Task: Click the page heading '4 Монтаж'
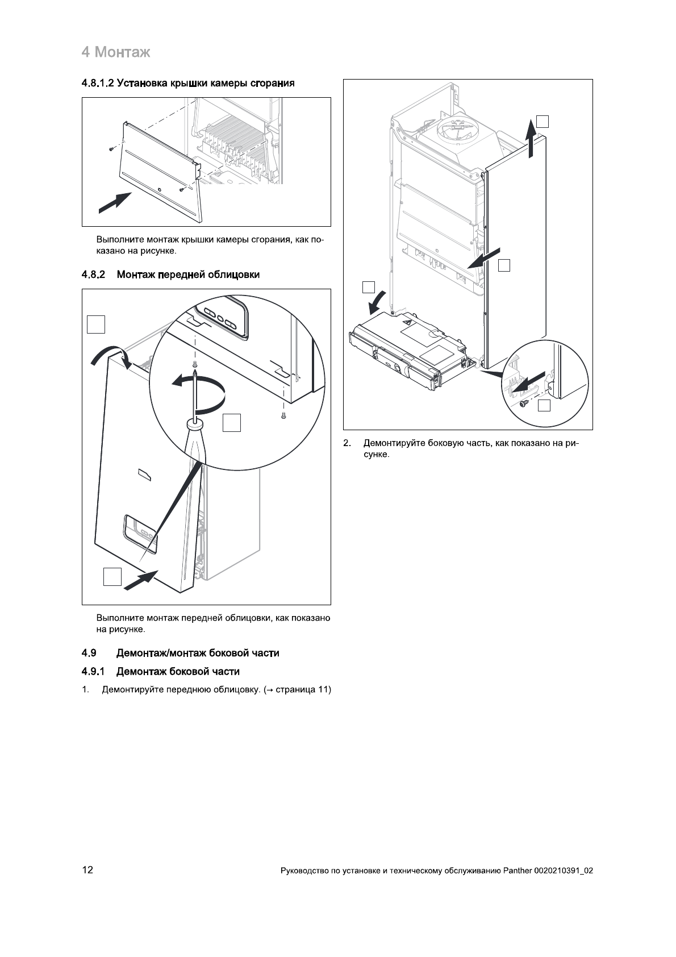pos(116,53)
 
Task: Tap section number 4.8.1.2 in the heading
pos(99,84)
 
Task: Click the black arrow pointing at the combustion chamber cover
pos(115,203)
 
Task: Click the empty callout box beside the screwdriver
pos(231,423)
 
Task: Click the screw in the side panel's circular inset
pos(523,403)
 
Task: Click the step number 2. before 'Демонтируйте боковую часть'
pos(347,443)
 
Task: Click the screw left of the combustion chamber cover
pos(111,148)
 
